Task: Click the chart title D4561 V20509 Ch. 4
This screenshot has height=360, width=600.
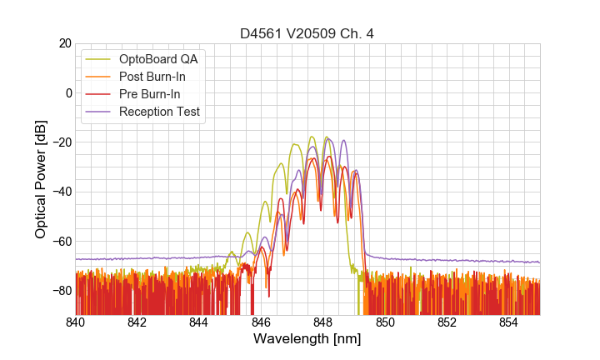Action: click(x=307, y=33)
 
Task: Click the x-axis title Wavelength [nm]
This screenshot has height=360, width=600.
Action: click(x=307, y=340)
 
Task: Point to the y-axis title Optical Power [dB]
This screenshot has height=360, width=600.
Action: click(x=41, y=179)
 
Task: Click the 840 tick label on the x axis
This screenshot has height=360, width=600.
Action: click(x=76, y=322)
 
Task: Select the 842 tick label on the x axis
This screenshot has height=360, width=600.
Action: click(x=137, y=322)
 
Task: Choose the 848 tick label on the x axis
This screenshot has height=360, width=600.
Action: click(x=323, y=322)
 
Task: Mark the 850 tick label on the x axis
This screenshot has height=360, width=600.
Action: click(x=385, y=322)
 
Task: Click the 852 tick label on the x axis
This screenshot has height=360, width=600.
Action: click(x=447, y=322)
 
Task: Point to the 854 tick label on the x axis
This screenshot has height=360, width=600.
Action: click(x=508, y=322)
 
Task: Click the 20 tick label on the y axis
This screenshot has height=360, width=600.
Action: click(x=64, y=43)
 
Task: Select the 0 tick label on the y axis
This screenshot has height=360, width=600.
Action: click(x=68, y=92)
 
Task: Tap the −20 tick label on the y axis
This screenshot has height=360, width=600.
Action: click(x=61, y=142)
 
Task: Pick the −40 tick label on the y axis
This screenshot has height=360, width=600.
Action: click(x=61, y=192)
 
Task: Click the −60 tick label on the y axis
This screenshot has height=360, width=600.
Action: click(x=61, y=242)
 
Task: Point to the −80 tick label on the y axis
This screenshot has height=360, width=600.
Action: click(x=61, y=291)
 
